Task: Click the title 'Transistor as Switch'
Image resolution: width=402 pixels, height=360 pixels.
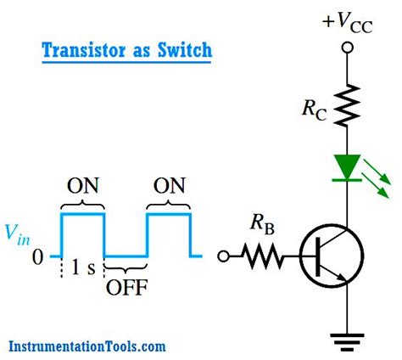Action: pos(126,50)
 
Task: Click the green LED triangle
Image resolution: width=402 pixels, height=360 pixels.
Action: pos(346,166)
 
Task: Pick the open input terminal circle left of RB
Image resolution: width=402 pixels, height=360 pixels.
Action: pos(224,255)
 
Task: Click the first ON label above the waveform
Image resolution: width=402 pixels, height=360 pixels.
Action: pos(82,187)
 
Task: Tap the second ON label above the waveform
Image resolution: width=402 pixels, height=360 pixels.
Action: pos(168,187)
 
